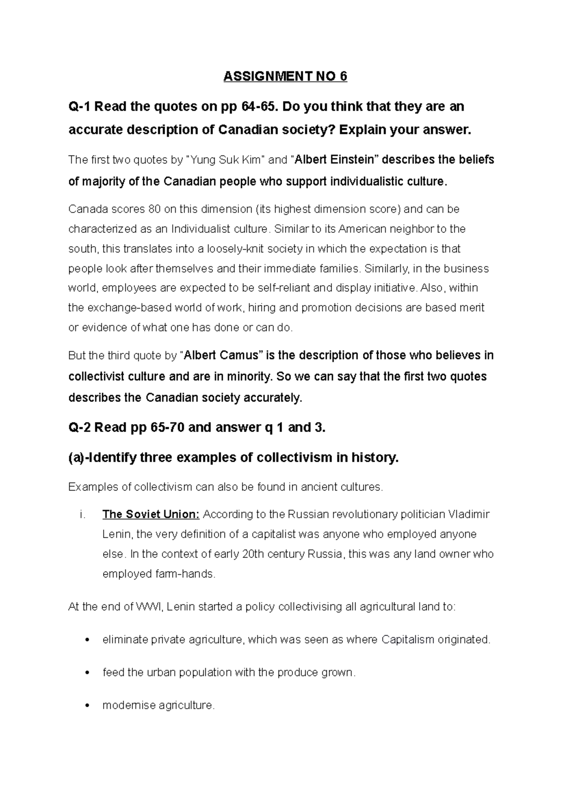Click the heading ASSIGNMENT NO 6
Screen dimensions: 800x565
tap(285, 76)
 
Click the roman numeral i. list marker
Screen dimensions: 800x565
tap(83, 514)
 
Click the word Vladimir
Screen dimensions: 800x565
tap(469, 514)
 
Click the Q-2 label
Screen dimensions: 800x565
tap(79, 427)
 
